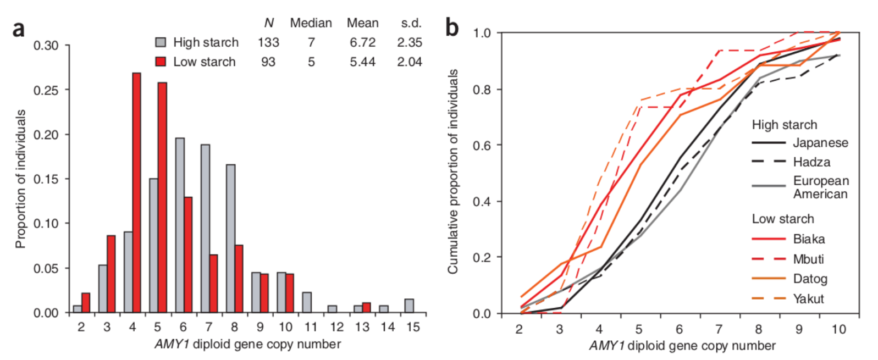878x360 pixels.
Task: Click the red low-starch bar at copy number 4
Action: point(136,192)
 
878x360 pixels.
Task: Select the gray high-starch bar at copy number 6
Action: point(180,225)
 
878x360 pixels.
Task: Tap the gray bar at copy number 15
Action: point(409,306)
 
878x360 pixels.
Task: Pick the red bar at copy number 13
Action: point(366,308)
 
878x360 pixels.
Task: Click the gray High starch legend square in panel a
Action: point(161,42)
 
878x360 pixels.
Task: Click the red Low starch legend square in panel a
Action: point(161,62)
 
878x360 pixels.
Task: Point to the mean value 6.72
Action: point(362,42)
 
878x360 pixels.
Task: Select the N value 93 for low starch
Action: point(268,62)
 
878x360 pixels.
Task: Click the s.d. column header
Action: point(411,23)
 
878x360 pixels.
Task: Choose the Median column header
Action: point(311,23)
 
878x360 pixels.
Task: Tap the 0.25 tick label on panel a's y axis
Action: point(46,90)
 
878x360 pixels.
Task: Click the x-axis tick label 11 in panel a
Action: point(311,327)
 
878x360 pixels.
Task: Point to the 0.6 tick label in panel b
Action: point(482,145)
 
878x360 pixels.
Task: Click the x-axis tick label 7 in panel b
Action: point(719,329)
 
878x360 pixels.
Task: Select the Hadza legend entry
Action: point(811,162)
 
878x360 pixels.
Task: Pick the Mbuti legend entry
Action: point(808,259)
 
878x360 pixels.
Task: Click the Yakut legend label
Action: point(808,298)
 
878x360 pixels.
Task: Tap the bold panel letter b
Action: point(452,27)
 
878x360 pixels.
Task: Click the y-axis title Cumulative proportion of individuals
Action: point(453,171)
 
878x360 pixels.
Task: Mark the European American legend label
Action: point(820,187)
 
